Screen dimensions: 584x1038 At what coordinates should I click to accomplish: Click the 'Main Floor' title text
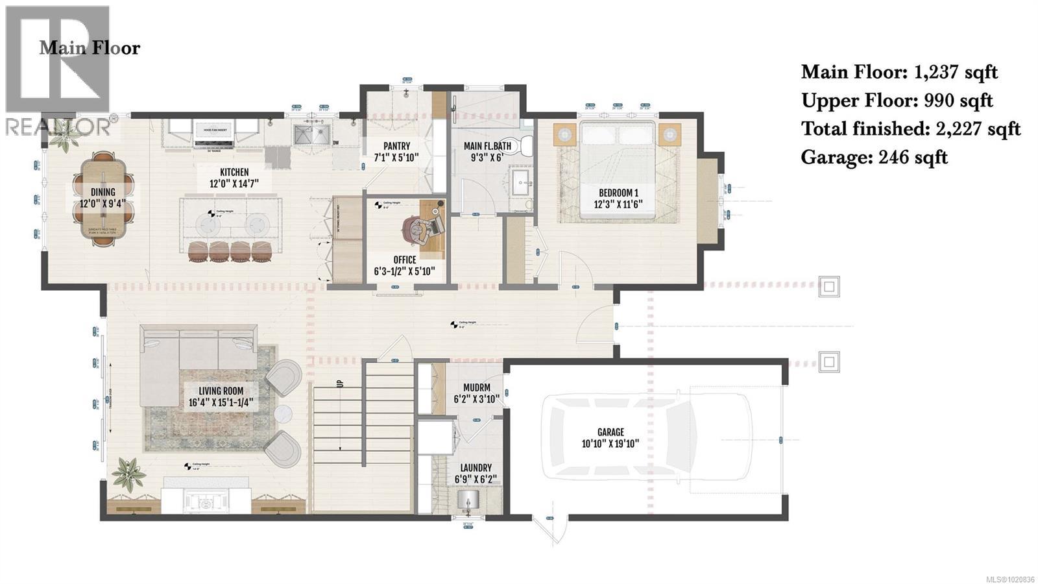(x=90, y=48)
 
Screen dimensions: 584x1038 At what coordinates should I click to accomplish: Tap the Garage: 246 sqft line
(x=874, y=158)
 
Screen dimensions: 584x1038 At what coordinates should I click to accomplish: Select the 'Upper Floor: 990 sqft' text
(x=897, y=101)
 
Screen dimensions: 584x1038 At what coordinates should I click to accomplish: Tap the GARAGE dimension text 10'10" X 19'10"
(x=610, y=444)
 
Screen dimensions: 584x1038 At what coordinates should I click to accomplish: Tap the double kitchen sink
(x=309, y=136)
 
